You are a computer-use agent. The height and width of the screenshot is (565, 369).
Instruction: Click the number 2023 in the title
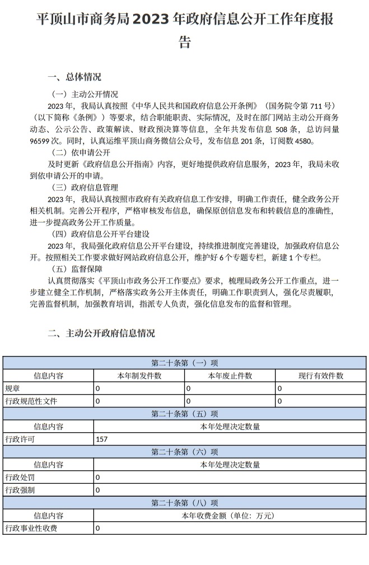[154, 19]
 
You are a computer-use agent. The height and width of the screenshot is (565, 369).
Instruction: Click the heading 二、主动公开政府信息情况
[101, 333]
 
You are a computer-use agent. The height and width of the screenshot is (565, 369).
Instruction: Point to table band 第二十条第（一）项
[184, 363]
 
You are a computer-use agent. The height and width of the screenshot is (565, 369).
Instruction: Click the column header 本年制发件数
[139, 376]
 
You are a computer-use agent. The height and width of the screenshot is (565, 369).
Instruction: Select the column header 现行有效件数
[321, 376]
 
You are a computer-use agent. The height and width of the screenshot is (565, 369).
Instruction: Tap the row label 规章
[12, 388]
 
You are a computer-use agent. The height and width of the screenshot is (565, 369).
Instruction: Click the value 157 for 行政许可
[102, 439]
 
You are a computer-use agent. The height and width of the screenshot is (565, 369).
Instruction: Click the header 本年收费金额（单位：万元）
[230, 515]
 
